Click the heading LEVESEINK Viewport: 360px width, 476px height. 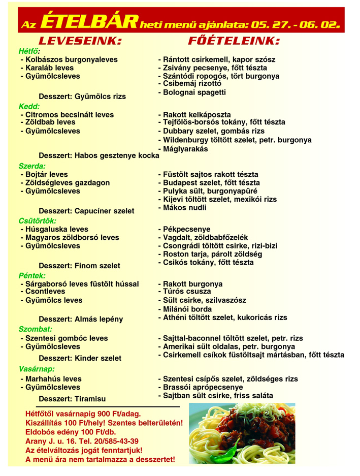pyautogui.click(x=81, y=41)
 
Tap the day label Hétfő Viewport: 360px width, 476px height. pyautogui.click(x=29, y=51)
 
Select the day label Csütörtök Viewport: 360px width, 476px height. pyautogui.click(x=37, y=221)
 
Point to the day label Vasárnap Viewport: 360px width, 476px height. pyautogui.click(x=37, y=369)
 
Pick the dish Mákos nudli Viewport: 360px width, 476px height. pyautogui.click(x=184, y=208)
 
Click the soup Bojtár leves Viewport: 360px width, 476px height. pyautogui.click(x=46, y=174)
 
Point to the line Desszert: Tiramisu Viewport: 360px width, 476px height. pyautogui.click(x=73, y=399)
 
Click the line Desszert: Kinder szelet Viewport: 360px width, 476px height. pyautogui.click(x=80, y=358)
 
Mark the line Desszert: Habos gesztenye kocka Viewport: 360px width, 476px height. pyautogui.click(x=99, y=155)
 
